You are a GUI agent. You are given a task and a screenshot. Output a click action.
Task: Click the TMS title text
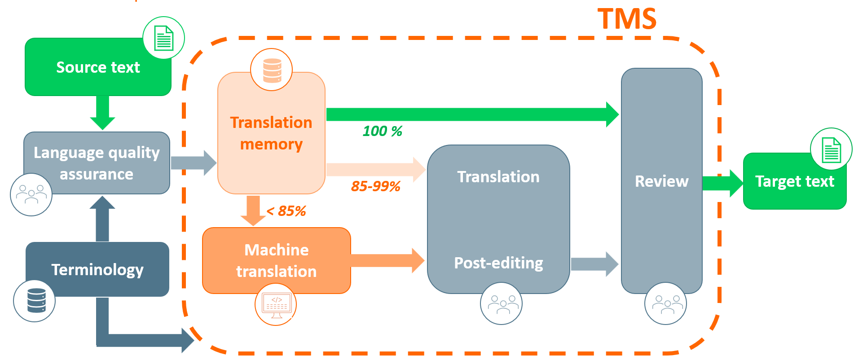[x=627, y=19]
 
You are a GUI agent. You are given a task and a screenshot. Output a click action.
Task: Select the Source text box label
[x=98, y=67]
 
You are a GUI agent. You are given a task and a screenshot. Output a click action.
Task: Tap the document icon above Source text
[x=163, y=38]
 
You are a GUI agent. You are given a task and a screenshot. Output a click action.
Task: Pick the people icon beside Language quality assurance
[x=31, y=195]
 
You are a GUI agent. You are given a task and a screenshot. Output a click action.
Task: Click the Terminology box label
[x=97, y=270]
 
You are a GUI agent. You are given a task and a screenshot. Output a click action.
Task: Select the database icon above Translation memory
[x=272, y=70]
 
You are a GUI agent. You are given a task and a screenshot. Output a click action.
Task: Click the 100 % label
[x=382, y=131]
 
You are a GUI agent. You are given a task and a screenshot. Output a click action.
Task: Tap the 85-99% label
[x=375, y=186]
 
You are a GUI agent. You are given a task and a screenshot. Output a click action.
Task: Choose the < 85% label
[x=286, y=211]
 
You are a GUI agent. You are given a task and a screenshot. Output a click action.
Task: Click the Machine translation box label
[x=277, y=261]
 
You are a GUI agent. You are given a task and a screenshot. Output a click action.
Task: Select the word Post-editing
[x=498, y=263]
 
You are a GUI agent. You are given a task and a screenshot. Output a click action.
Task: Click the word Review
[x=661, y=181]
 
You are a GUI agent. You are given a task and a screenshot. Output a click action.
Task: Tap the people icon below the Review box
[x=665, y=304]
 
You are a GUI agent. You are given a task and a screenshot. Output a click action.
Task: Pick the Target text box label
[x=794, y=181]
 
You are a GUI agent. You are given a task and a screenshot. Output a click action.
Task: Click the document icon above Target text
[x=831, y=149]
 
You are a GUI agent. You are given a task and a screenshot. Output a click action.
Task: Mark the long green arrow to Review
[x=471, y=114]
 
